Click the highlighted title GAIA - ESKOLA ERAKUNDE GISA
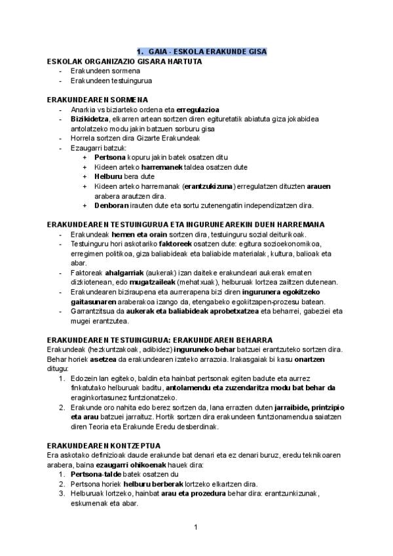[x=202, y=52]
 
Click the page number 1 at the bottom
[x=196, y=528]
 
